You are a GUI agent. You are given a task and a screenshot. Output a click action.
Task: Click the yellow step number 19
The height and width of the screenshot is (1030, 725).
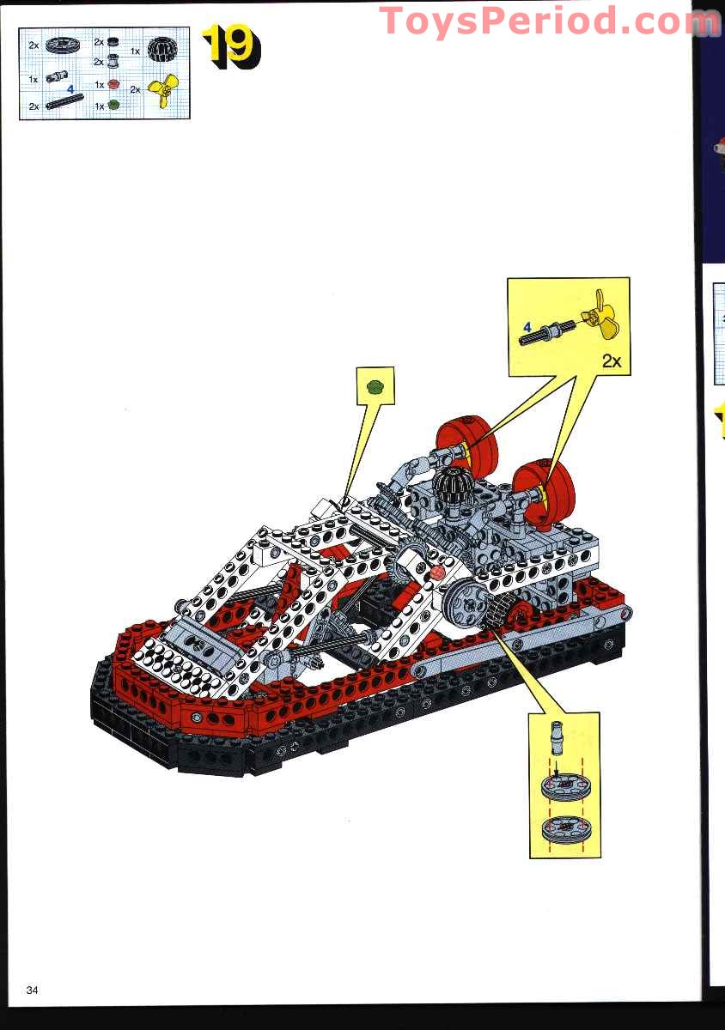[x=231, y=46]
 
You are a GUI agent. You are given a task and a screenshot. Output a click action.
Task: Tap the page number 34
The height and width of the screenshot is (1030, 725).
[x=33, y=990]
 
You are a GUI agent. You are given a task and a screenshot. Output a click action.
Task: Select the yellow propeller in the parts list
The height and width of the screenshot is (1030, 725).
[x=163, y=89]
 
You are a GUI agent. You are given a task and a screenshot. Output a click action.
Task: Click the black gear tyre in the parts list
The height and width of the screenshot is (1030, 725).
[x=162, y=49]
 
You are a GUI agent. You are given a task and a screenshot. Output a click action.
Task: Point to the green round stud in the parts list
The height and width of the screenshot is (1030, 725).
[x=113, y=106]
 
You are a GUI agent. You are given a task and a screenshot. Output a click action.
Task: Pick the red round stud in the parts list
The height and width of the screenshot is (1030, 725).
[x=113, y=84]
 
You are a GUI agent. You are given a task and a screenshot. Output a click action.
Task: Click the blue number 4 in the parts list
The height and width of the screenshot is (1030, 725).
[x=70, y=88]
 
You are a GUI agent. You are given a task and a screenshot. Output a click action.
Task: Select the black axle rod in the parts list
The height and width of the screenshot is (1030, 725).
[x=65, y=101]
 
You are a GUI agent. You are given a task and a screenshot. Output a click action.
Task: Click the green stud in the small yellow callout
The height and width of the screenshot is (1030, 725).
[x=375, y=386]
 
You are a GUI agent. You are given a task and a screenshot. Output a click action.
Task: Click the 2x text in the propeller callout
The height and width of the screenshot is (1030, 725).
[x=612, y=361]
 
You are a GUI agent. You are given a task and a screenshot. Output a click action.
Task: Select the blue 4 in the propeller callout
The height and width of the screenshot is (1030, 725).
[x=527, y=327]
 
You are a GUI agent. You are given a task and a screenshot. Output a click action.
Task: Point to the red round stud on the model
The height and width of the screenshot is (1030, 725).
[x=437, y=572]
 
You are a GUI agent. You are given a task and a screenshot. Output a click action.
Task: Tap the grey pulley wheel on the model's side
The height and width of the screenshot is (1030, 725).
[x=466, y=603]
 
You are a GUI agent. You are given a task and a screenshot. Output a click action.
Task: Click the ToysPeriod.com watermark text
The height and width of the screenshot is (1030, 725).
[x=549, y=21]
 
